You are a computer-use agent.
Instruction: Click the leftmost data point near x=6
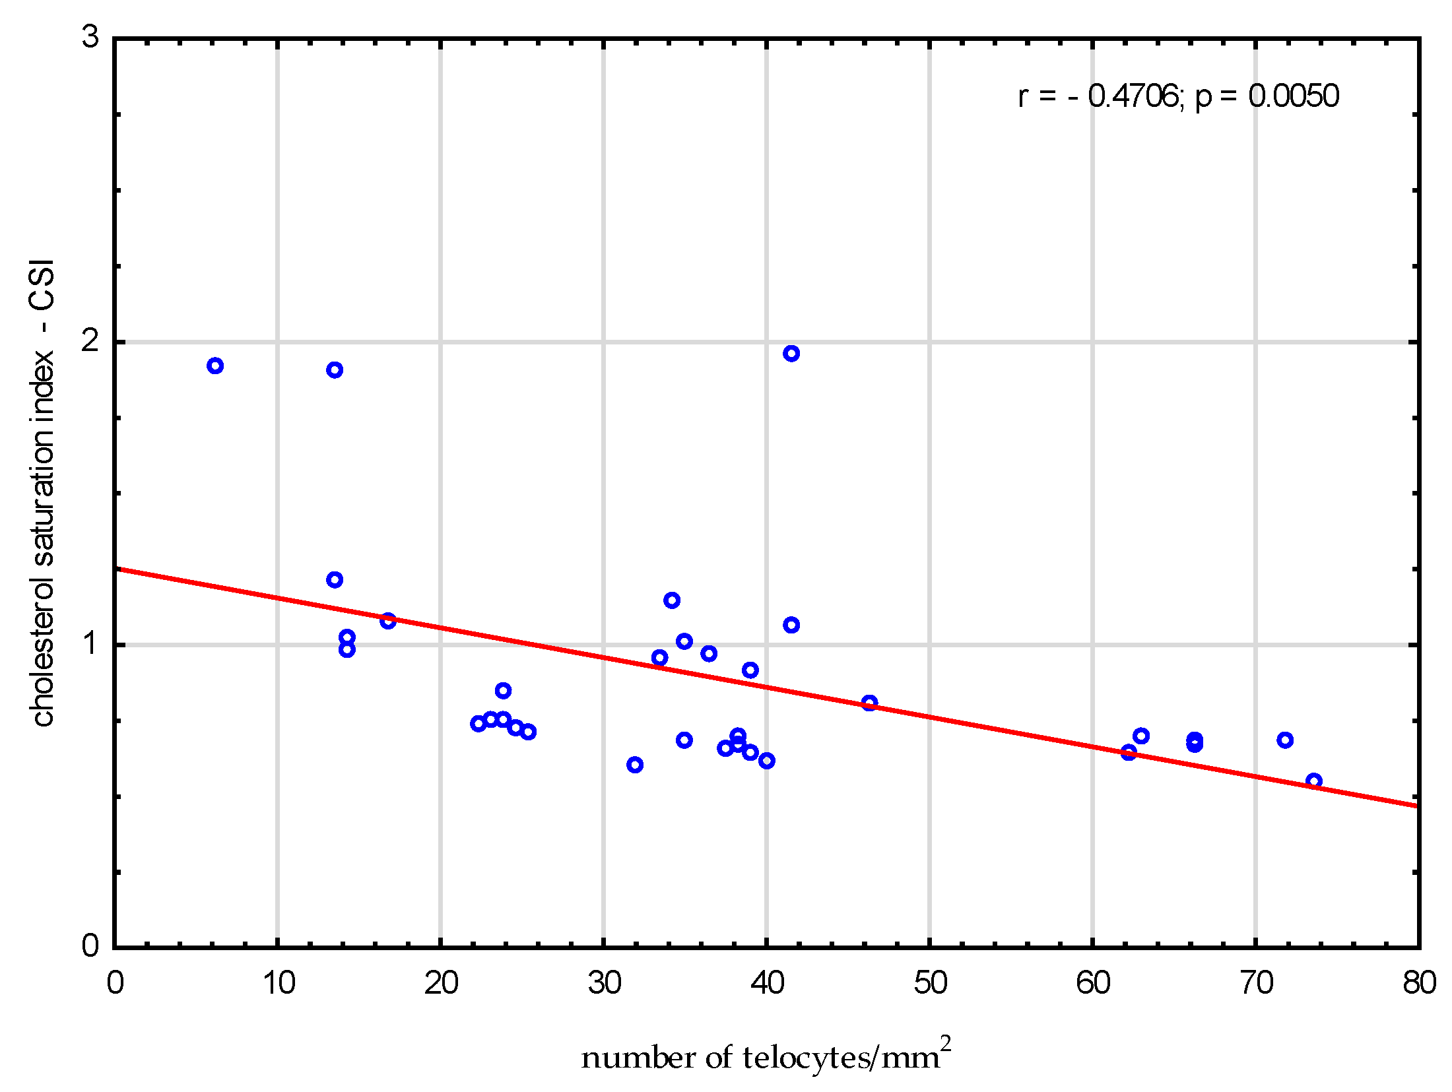point(215,366)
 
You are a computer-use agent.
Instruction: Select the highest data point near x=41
point(791,354)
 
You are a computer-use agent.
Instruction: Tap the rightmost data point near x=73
point(1314,781)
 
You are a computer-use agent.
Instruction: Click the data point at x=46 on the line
point(870,703)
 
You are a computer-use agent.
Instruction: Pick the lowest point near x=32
point(635,765)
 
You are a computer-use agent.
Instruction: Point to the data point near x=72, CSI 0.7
point(1285,740)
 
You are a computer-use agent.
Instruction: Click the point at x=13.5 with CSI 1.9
point(335,370)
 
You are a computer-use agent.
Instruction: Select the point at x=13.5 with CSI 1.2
point(335,580)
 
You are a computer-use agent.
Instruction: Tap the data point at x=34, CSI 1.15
point(672,600)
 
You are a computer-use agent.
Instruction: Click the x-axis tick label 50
point(930,984)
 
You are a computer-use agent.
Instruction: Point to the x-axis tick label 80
point(1419,984)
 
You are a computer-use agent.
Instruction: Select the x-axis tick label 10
point(279,984)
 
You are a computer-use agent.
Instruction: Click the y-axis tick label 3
point(90,37)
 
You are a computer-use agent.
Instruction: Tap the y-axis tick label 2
point(90,341)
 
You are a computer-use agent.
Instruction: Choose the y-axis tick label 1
point(90,643)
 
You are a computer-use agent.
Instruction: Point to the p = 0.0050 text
point(1267,96)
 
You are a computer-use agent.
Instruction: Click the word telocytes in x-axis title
point(805,1058)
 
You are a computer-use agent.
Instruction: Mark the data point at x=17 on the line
point(388,621)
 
